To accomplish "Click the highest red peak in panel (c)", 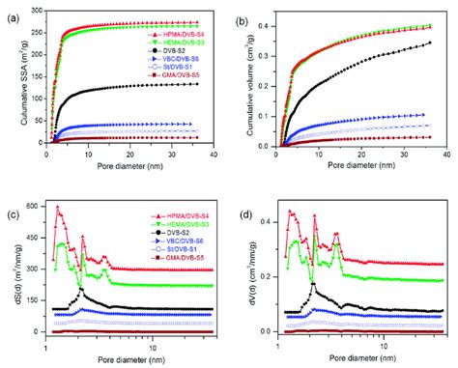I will pyautogui.click(x=57, y=207).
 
